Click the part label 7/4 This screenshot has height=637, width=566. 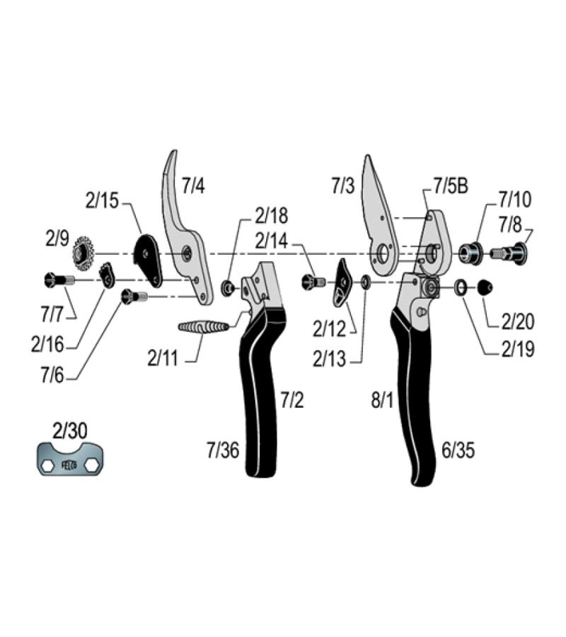click(193, 185)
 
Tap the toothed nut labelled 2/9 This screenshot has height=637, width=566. click(83, 253)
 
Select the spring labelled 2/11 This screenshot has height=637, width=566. click(204, 326)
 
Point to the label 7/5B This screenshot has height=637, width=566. click(451, 186)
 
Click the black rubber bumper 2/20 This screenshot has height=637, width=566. click(485, 287)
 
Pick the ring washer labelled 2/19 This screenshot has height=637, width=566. click(461, 287)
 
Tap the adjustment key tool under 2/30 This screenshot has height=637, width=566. click(70, 459)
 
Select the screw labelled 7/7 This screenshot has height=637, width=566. click(59, 280)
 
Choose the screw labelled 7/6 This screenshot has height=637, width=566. click(134, 295)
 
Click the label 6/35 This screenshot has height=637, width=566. click(458, 450)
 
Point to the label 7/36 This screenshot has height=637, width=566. click(223, 450)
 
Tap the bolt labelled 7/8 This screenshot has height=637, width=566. click(509, 253)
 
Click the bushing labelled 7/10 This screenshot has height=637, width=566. click(471, 253)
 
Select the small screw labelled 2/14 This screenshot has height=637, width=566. click(313, 281)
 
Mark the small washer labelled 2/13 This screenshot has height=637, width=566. click(365, 282)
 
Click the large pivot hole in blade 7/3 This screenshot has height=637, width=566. click(383, 254)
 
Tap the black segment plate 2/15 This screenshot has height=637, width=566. click(148, 260)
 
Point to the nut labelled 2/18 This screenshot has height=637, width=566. click(228, 288)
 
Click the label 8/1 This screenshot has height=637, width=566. click(383, 400)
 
